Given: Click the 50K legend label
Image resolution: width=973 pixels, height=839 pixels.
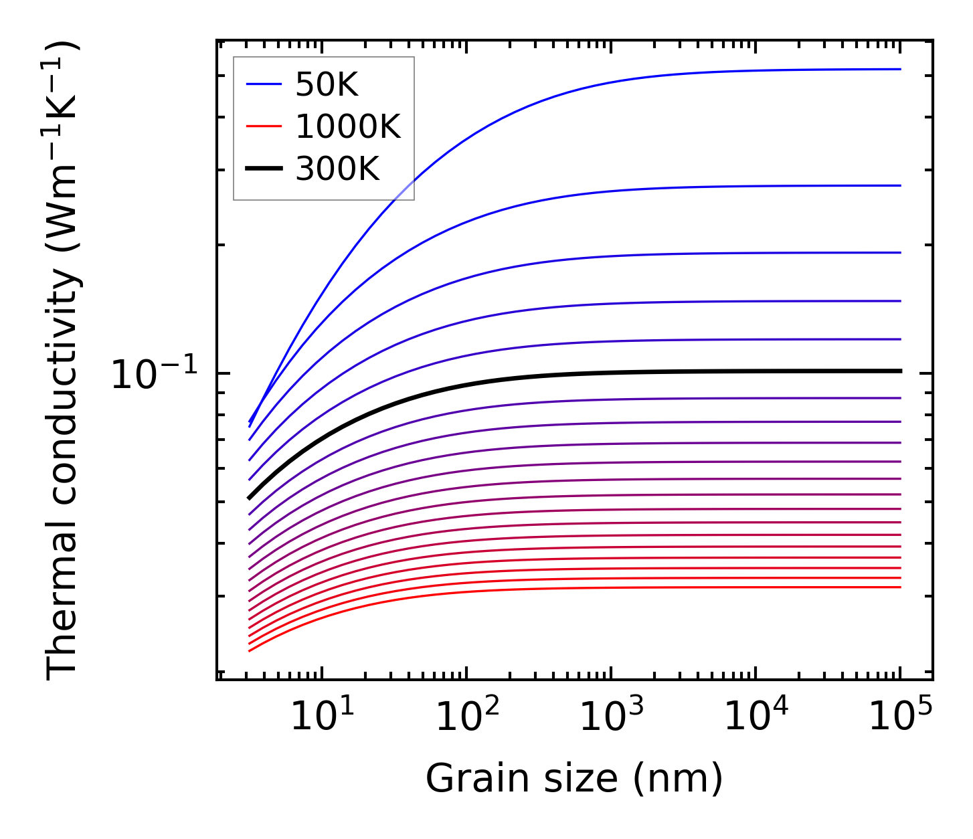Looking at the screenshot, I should (327, 85).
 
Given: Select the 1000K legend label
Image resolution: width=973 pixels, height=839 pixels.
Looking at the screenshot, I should (347, 127).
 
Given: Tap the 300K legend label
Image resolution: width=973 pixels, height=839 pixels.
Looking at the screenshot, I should (337, 169).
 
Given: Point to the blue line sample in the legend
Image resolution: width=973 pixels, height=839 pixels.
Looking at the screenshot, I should (264, 84).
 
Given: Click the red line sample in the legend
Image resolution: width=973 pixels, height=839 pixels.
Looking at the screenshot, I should (264, 127).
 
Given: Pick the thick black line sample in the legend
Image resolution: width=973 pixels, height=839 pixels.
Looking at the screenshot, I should (264, 169).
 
